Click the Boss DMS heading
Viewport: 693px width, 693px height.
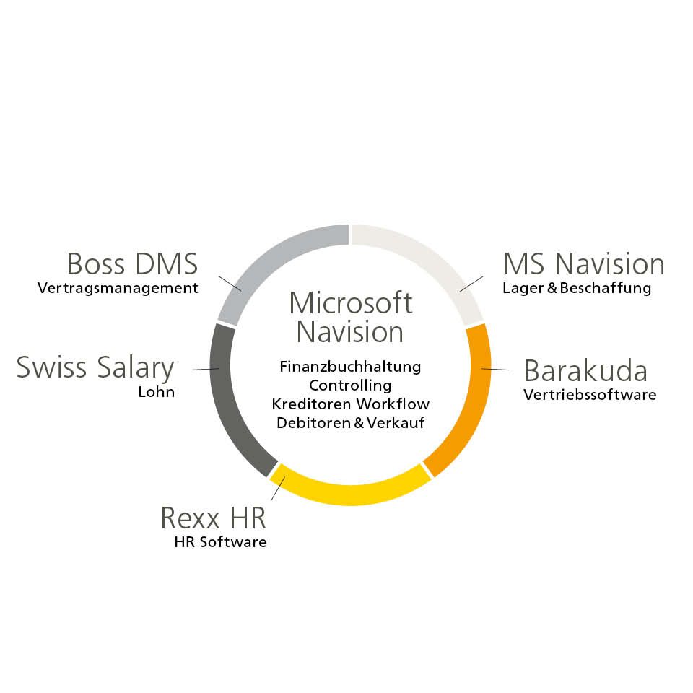(132, 264)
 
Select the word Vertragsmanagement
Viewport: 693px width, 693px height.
(118, 288)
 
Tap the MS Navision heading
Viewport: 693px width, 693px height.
(584, 264)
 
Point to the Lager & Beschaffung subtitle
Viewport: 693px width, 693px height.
(577, 288)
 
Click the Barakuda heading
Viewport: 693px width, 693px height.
(585, 370)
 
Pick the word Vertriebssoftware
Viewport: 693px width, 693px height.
(590, 395)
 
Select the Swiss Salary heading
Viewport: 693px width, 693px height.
(95, 367)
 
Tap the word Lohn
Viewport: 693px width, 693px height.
(157, 392)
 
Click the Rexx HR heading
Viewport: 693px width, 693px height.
(214, 518)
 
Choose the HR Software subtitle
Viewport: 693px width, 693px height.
(221, 542)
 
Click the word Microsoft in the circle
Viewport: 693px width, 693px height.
(351, 303)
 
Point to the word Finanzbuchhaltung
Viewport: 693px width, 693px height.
(351, 367)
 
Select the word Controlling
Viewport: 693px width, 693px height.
(351, 385)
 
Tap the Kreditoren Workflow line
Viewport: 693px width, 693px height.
(351, 404)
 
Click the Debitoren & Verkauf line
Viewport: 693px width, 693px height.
(351, 423)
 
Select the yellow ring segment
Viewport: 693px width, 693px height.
(350, 494)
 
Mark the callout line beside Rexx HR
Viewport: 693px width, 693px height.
(279, 488)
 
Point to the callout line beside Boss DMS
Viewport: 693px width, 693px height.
(230, 283)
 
